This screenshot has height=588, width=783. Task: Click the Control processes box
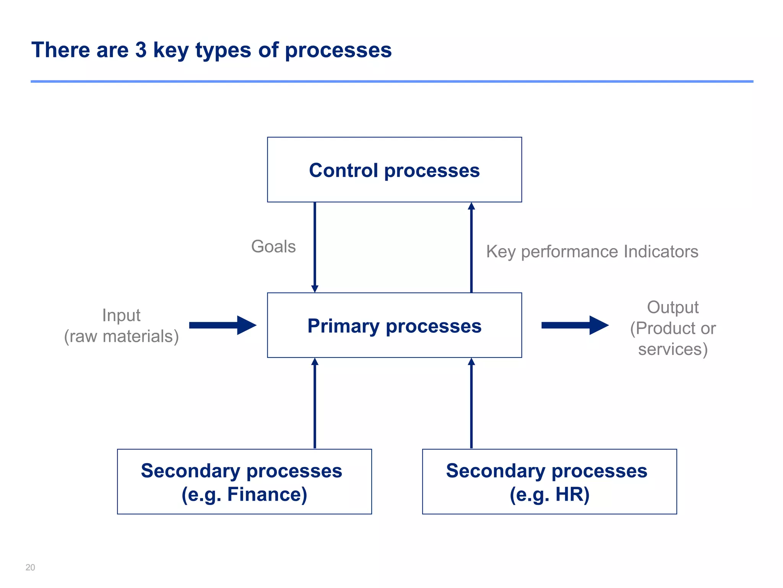394,170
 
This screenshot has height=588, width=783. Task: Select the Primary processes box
394,325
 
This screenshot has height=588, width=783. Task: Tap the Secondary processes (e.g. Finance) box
244,482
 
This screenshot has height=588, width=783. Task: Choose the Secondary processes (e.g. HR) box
549,482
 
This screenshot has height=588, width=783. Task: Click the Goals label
273,247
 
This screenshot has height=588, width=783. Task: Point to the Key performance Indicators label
592,252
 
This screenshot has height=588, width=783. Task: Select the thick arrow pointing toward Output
575,325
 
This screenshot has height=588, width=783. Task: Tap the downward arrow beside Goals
315,247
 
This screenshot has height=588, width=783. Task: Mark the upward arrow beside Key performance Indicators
471,247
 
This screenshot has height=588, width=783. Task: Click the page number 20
30,567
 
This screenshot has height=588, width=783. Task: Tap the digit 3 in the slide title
141,50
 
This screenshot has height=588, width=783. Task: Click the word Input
121,315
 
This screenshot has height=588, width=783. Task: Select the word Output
673,307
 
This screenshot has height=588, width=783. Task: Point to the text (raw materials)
121,336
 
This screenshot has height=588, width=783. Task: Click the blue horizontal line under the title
391,82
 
